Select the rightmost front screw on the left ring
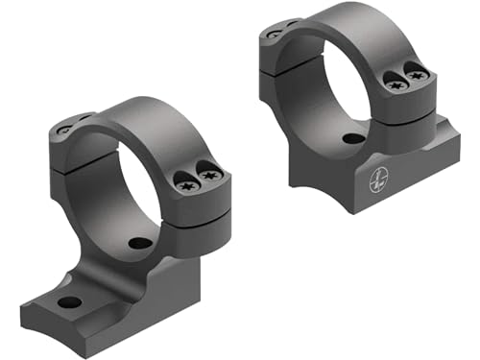pos(211,177)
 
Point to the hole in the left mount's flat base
pos(69,302)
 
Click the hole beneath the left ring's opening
pos(140,243)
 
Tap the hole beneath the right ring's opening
pos(352,138)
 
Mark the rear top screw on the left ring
pos(65,130)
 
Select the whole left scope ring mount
pos(125,221)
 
